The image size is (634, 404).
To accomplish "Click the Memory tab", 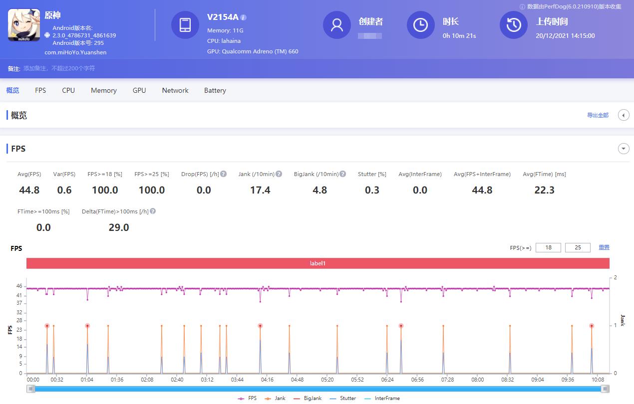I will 103,90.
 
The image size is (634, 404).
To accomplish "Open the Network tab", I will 175,90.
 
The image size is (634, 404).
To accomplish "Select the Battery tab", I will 215,90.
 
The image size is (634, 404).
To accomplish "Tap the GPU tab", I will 139,90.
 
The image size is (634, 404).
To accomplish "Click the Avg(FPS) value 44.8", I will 29,190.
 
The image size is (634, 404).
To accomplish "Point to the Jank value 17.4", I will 260,190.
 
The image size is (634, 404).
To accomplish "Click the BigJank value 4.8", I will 319,190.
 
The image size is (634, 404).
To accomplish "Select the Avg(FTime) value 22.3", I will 544,190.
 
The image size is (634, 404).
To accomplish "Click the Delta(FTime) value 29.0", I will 119,227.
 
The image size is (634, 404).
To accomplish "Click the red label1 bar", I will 317,263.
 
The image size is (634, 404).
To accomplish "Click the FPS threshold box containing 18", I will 548,247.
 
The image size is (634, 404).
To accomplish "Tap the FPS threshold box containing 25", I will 578,247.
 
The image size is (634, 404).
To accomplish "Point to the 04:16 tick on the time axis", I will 267,380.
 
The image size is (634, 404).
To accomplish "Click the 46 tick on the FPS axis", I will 19,286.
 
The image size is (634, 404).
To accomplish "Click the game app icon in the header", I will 24,25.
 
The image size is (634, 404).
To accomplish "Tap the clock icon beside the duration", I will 420,25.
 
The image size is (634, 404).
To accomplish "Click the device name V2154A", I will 223,17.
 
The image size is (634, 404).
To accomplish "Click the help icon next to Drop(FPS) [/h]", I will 224,174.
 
